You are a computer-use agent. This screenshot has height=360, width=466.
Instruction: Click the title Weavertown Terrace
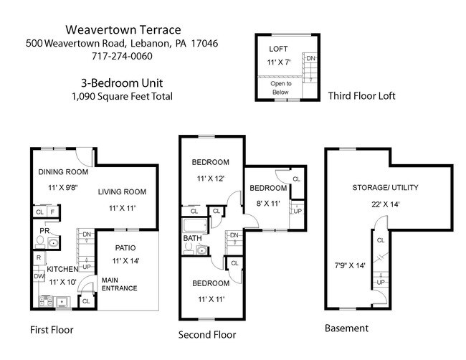click(x=122, y=30)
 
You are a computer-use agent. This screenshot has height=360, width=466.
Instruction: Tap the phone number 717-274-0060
click(x=122, y=57)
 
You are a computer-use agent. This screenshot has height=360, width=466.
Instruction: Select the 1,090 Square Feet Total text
click(x=122, y=96)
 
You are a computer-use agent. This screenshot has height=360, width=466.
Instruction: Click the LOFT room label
click(x=278, y=49)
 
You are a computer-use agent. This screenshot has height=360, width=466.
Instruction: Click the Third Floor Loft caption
click(x=361, y=96)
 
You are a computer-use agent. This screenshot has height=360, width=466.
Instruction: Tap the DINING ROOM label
click(x=64, y=172)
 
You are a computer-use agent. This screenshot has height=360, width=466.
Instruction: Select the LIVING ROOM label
click(x=122, y=191)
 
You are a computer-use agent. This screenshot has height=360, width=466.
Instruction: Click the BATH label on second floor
click(x=192, y=237)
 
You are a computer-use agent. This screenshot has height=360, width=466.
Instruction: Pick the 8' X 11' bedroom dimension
click(x=268, y=203)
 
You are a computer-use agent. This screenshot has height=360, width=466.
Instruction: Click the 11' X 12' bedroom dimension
click(x=211, y=178)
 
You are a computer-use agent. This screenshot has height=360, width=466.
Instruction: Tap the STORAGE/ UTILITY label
click(x=385, y=188)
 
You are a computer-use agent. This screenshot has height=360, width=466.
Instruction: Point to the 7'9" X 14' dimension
click(x=349, y=265)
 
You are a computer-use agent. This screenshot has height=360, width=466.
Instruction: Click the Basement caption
click(x=346, y=328)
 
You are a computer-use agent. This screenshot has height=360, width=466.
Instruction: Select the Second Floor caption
click(x=206, y=334)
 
